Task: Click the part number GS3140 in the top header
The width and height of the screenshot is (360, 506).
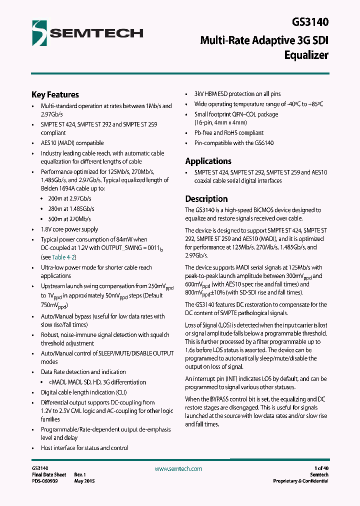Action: [x=310, y=22]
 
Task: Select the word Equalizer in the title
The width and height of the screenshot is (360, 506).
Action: [x=306, y=55]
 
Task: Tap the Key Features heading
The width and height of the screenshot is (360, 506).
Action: [x=55, y=94]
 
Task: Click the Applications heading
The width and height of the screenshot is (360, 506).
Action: [x=208, y=161]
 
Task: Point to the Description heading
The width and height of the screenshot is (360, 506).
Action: [x=206, y=198]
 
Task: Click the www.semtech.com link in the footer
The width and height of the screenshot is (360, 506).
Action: [x=178, y=468]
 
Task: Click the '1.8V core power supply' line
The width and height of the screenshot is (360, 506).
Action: [x=69, y=229]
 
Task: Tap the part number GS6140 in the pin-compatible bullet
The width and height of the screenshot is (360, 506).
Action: [x=263, y=143]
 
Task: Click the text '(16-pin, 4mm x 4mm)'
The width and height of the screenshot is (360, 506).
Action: [x=220, y=122]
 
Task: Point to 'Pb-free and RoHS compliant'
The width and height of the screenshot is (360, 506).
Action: [x=228, y=133]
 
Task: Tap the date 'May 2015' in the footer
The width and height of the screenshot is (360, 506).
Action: [x=84, y=481]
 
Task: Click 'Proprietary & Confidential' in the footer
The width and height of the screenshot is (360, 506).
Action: [x=300, y=481]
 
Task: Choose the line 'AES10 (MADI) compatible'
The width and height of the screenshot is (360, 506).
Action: [x=72, y=143]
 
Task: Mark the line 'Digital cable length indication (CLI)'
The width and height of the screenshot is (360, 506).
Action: [x=84, y=392]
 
